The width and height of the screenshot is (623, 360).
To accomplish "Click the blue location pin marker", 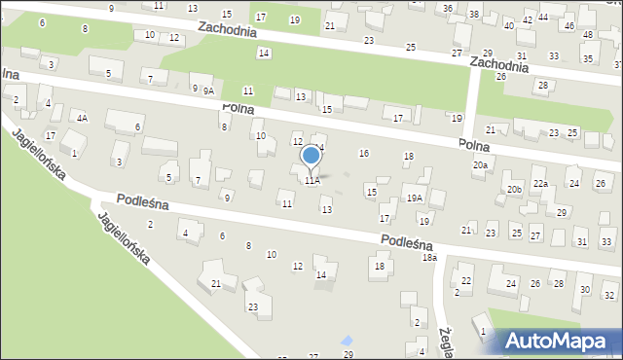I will tap(311, 156).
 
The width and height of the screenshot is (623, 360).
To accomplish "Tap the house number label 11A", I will tap(311, 180).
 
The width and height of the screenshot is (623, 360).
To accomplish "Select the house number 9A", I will tap(207, 90).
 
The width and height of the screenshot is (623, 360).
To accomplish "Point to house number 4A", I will tap(83, 118).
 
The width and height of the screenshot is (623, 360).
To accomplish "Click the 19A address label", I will tap(415, 198).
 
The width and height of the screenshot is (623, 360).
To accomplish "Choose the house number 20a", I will tap(480, 165).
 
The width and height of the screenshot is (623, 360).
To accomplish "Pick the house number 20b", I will tap(513, 189).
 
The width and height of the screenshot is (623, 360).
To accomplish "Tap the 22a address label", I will tap(540, 183).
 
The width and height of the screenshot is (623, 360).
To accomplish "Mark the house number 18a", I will tap(429, 257).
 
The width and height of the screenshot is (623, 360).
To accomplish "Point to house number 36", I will tap(447, 8).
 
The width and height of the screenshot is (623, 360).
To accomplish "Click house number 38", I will tap(473, 15).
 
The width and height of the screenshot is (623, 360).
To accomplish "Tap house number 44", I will tap(543, 18).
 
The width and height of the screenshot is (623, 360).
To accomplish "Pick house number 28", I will tap(542, 85).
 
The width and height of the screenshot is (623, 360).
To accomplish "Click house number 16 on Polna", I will tap(364, 153).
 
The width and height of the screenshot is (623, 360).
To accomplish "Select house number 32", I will tap(609, 295).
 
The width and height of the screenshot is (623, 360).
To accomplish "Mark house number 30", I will tap(584, 290).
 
